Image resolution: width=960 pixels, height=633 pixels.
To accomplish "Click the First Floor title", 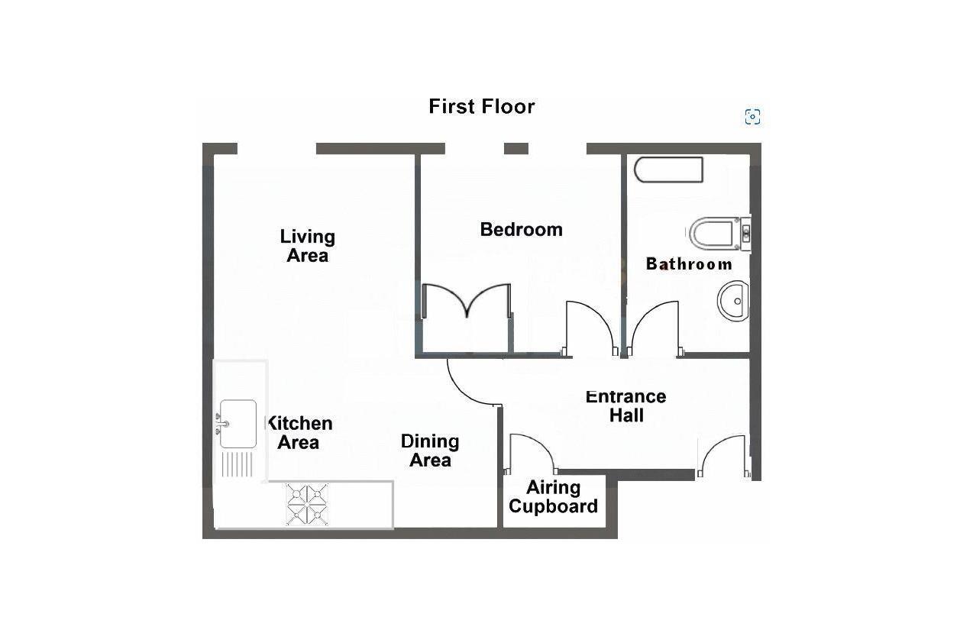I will [x=481, y=106].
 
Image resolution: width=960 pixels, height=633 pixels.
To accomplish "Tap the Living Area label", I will [x=307, y=246].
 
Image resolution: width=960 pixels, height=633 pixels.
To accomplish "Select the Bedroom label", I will [x=521, y=229].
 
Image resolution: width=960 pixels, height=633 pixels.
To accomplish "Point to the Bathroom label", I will [x=689, y=264].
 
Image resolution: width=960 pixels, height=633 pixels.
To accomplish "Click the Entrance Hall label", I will [x=625, y=406].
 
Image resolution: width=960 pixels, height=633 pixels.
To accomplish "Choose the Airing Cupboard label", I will [x=553, y=497].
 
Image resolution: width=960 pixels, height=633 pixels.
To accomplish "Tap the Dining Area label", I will [x=430, y=451].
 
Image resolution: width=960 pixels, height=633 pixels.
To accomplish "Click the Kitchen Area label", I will [x=299, y=433].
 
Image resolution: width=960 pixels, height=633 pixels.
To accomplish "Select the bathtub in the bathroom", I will [x=668, y=170].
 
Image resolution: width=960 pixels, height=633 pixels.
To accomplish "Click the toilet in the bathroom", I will [x=716, y=234].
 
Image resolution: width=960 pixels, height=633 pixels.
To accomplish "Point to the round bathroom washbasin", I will [x=733, y=301].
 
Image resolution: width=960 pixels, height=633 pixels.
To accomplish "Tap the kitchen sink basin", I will [x=238, y=424].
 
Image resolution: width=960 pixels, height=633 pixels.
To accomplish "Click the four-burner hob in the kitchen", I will [x=308, y=505].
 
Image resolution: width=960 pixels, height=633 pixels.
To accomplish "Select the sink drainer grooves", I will [x=237, y=464].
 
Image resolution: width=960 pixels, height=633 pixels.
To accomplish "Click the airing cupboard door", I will [x=531, y=454].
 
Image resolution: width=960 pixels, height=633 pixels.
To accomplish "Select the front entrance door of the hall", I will [x=723, y=456].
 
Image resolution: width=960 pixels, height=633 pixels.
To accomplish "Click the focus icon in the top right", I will [x=752, y=117].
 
